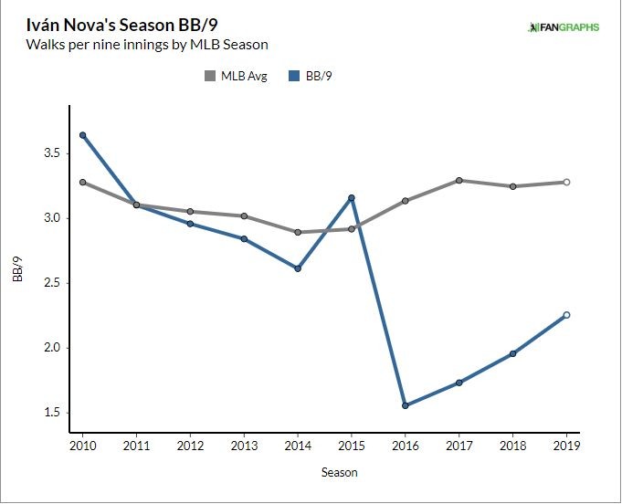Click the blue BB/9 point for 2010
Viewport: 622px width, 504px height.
coord(82,135)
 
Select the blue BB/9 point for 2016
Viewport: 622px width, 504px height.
coord(406,405)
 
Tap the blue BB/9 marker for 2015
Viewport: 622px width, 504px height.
coord(352,197)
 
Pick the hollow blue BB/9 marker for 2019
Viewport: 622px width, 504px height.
coord(566,315)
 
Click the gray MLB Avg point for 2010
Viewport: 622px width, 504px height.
coord(82,182)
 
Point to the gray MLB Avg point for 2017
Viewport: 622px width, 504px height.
coord(459,181)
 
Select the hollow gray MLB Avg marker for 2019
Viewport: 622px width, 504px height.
coord(566,182)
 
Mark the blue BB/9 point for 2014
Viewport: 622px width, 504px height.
coord(298,268)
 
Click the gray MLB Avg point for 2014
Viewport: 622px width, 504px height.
coord(298,232)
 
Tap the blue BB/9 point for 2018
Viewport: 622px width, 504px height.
coord(512,353)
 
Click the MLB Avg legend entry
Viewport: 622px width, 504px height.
coord(236,77)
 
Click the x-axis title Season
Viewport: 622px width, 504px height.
coord(339,473)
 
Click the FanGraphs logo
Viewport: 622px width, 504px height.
coord(563,26)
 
